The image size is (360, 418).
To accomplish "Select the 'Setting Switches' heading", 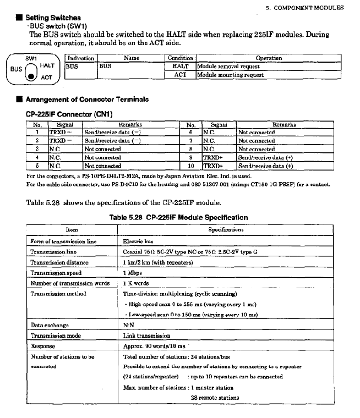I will click(x=53, y=18).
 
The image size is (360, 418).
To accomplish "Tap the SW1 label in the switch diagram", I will click(x=31, y=57).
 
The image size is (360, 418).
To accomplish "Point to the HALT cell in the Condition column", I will click(x=181, y=66).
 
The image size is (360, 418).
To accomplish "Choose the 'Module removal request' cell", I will click(x=228, y=66).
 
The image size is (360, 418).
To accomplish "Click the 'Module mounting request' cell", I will click(x=230, y=75).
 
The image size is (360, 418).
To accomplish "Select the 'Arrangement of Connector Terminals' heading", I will click(x=86, y=100).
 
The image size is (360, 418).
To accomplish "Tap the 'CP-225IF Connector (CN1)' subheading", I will click(x=69, y=114).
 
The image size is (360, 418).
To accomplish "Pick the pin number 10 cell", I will click(x=191, y=165).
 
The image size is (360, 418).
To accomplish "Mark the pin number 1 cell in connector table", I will click(x=37, y=133).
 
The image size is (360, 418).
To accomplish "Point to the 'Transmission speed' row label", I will click(x=56, y=272).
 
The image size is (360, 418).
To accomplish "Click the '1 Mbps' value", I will click(x=132, y=272).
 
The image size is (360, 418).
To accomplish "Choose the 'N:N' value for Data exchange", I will click(x=128, y=325).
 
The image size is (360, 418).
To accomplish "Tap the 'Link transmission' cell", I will click(x=146, y=335).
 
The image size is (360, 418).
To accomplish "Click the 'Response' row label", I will click(x=43, y=346).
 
